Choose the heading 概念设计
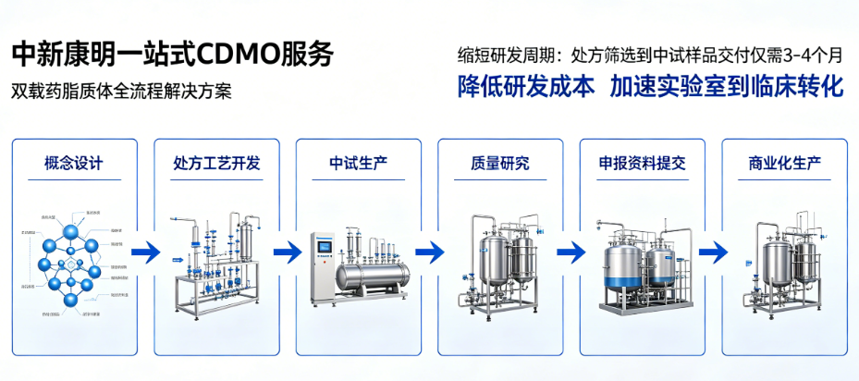74,165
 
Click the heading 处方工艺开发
216,165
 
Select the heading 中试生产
358,165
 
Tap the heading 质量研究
499,165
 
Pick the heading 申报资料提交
642,165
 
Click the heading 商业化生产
784,165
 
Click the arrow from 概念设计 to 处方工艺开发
146,251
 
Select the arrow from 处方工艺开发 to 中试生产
288,251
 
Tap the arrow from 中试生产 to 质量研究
430,251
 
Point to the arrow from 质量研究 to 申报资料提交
571,251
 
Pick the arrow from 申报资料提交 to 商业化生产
713,251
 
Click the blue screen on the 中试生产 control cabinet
324,247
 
